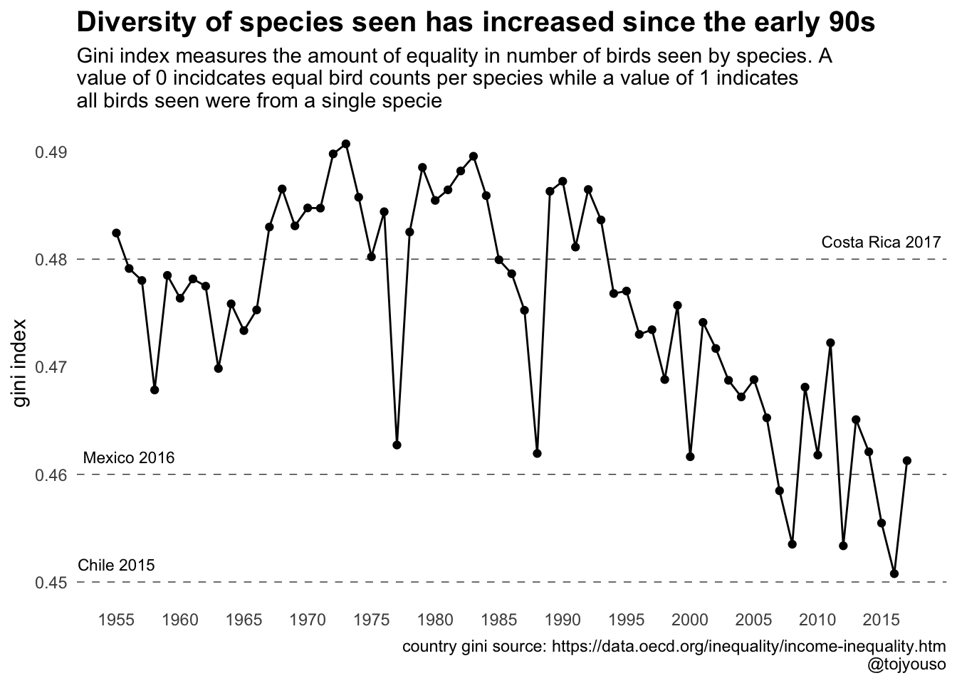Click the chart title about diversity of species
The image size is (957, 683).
(x=475, y=23)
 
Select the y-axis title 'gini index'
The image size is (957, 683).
(x=21, y=364)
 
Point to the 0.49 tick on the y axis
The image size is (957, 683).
(x=51, y=152)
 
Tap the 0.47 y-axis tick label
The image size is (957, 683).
(x=51, y=368)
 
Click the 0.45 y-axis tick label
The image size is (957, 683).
(x=51, y=583)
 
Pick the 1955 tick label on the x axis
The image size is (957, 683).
(x=116, y=619)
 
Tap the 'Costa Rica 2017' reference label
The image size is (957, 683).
(x=881, y=242)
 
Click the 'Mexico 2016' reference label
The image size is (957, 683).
(x=129, y=457)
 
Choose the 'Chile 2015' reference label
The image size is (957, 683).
(x=116, y=566)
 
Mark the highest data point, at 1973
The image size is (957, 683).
(x=346, y=144)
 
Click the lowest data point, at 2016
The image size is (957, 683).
(x=894, y=573)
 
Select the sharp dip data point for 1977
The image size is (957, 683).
(x=397, y=445)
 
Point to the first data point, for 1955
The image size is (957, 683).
(x=116, y=233)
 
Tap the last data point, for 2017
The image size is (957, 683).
(x=907, y=460)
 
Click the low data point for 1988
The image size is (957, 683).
(x=538, y=453)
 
